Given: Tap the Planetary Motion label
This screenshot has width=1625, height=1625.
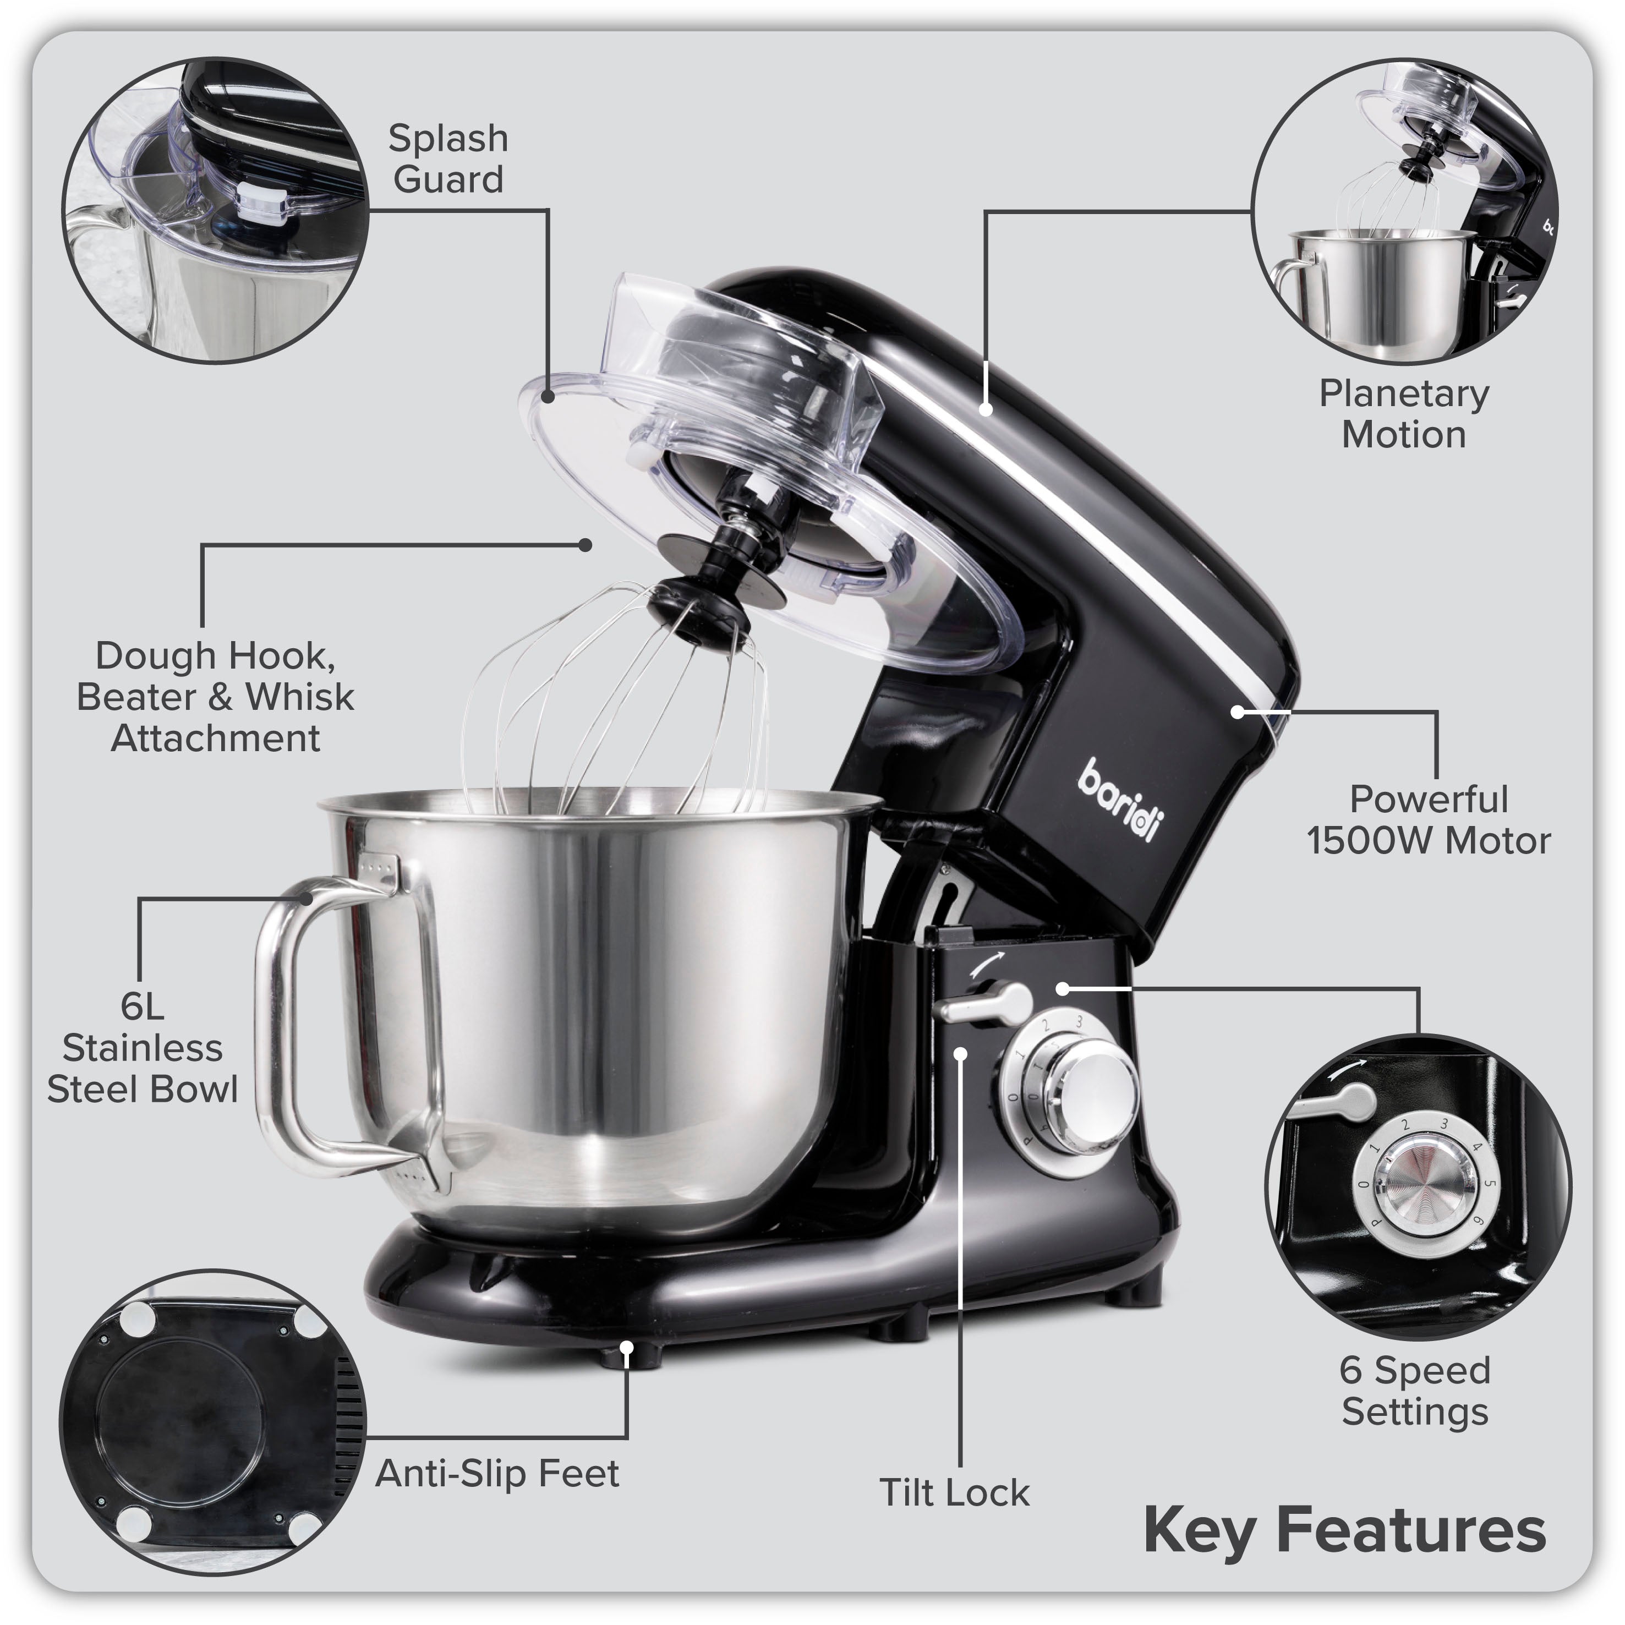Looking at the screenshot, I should click(x=1403, y=414).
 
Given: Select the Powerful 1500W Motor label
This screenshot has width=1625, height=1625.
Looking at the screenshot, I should click(x=1427, y=820).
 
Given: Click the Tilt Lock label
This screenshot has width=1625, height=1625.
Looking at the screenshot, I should click(x=954, y=1493).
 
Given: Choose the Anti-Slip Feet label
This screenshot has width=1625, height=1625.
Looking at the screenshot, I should click(x=497, y=1474).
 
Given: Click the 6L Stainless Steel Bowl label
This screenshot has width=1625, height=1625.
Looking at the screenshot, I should click(x=142, y=1047).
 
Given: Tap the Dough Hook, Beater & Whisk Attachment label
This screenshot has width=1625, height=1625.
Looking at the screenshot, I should click(x=215, y=697).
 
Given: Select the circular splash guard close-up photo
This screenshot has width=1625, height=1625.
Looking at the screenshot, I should click(x=215, y=210).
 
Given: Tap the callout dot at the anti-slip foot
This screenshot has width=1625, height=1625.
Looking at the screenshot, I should click(x=627, y=1348).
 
